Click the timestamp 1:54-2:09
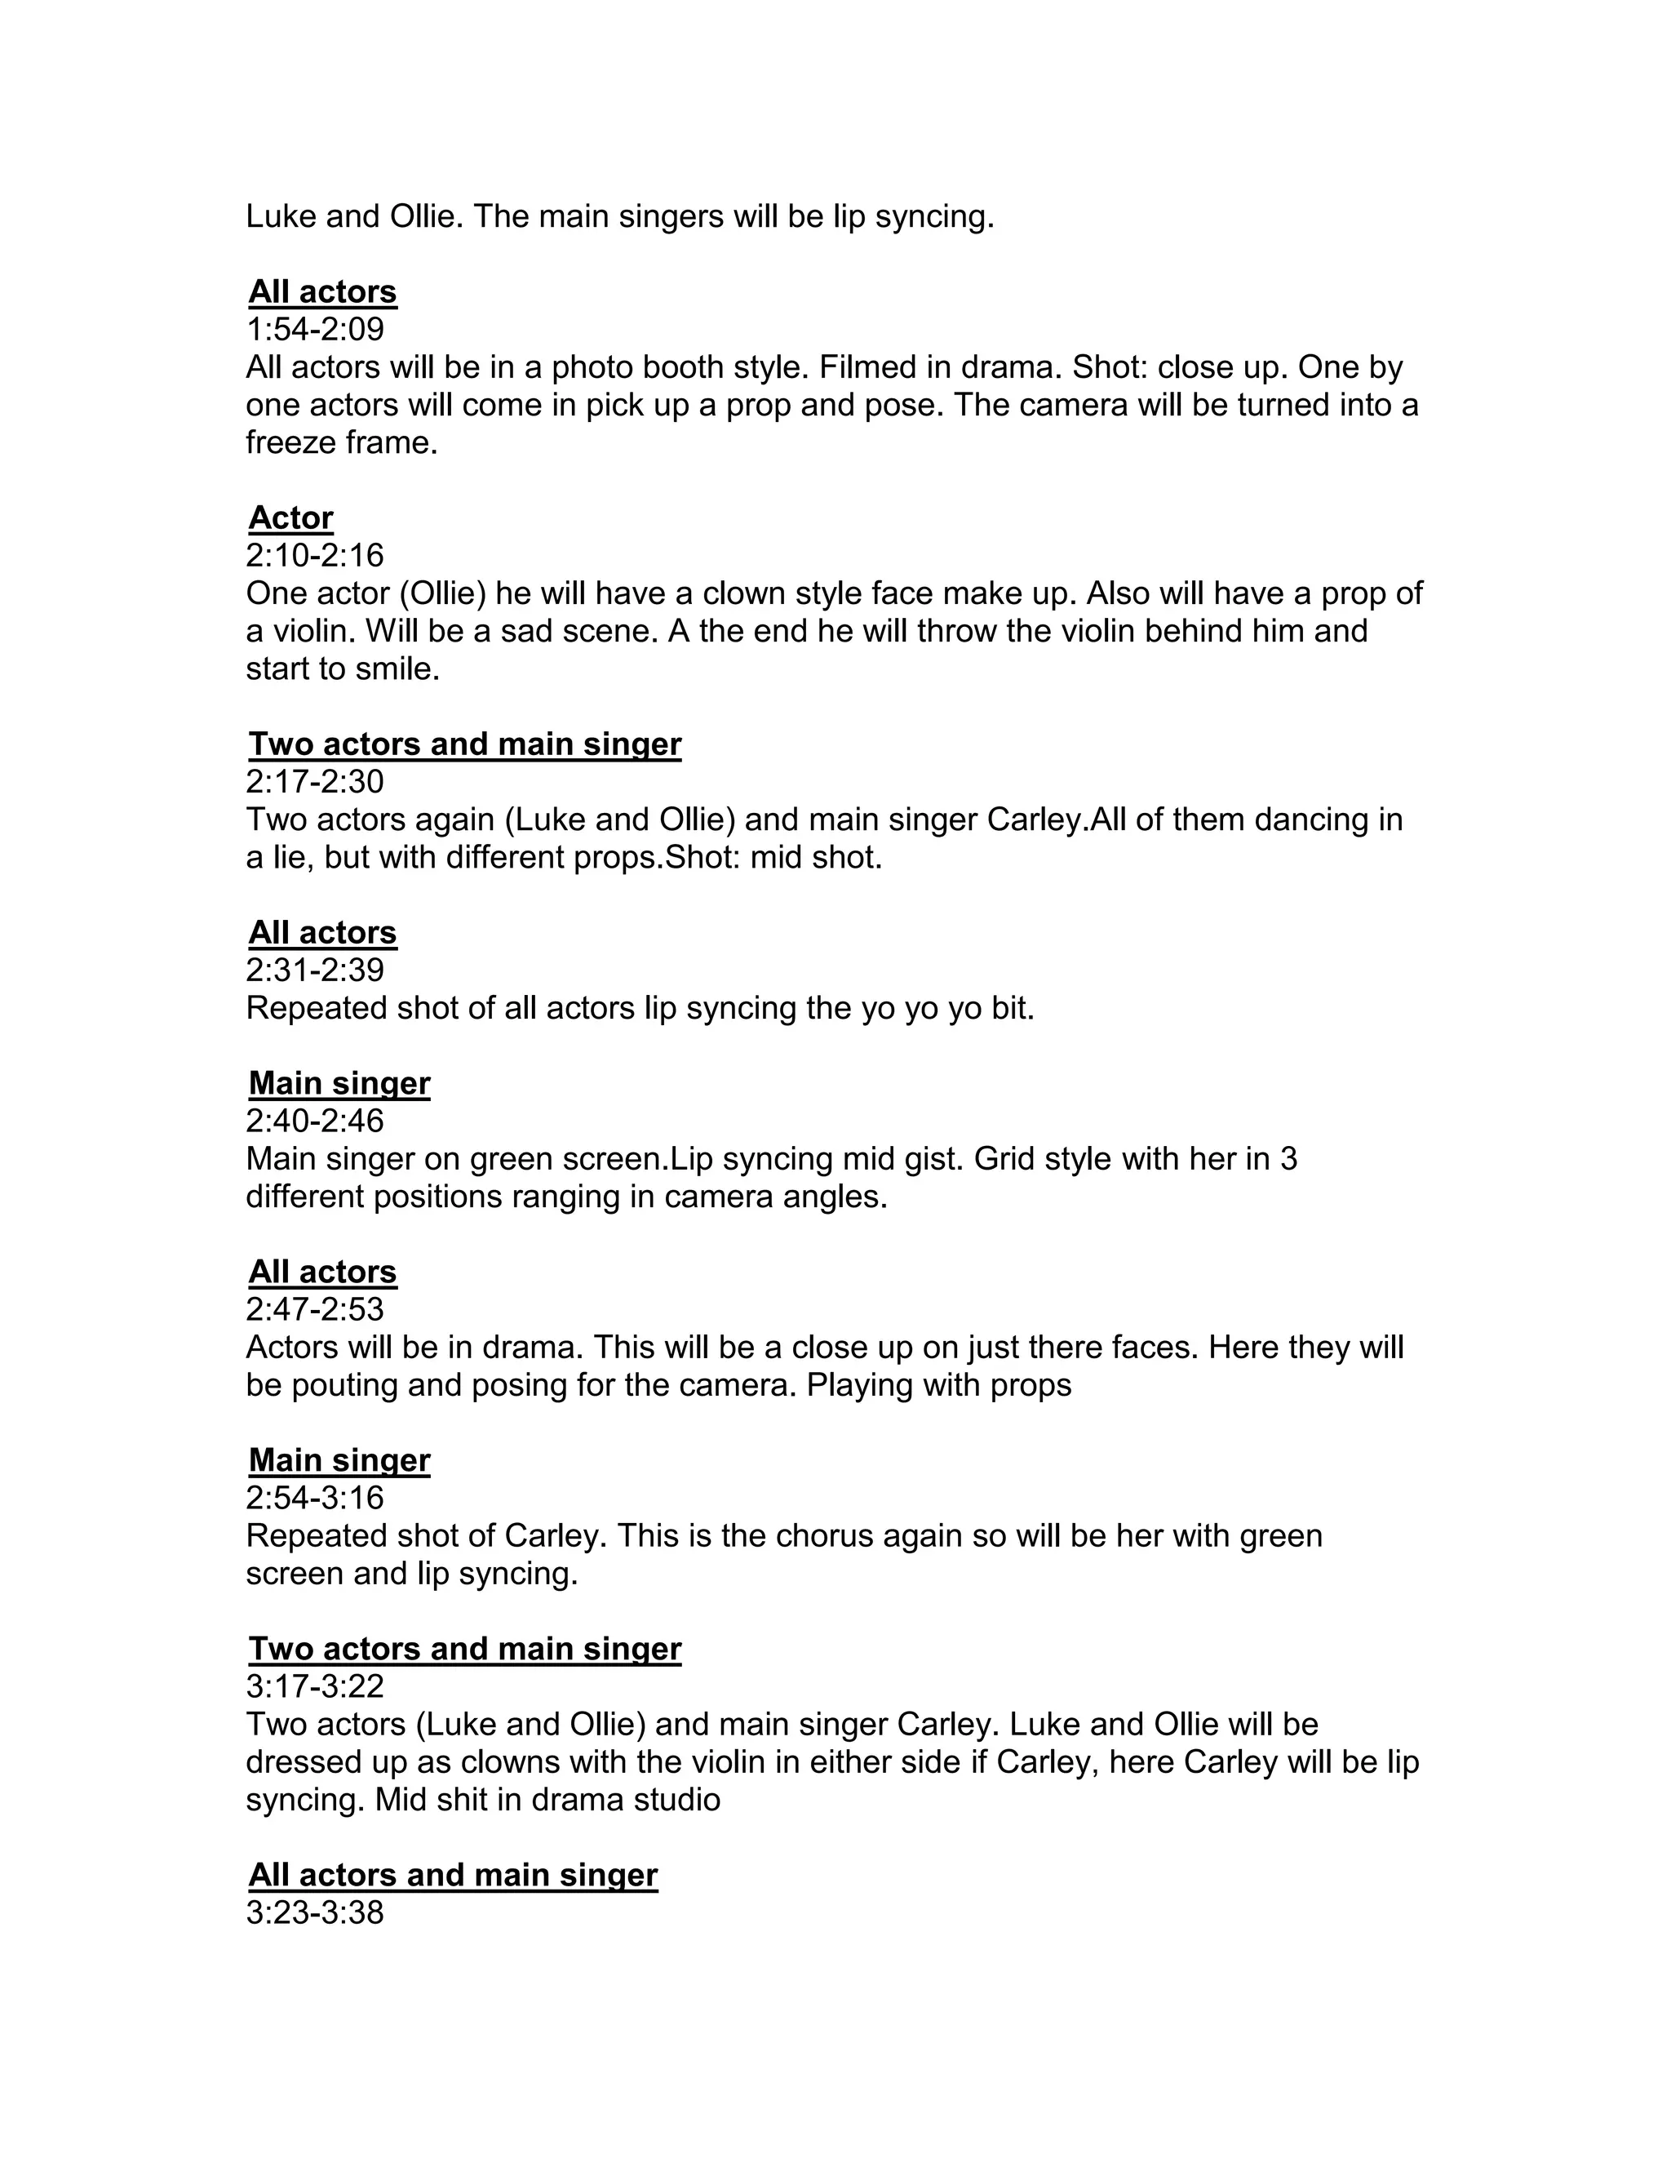tap(315, 329)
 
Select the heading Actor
tap(291, 518)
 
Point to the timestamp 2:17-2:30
tap(315, 781)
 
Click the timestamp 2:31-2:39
tap(315, 970)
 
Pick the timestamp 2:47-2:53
tap(315, 1309)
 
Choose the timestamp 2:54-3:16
tap(315, 1498)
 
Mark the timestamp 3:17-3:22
tap(315, 1686)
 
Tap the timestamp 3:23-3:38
tap(315, 1912)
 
